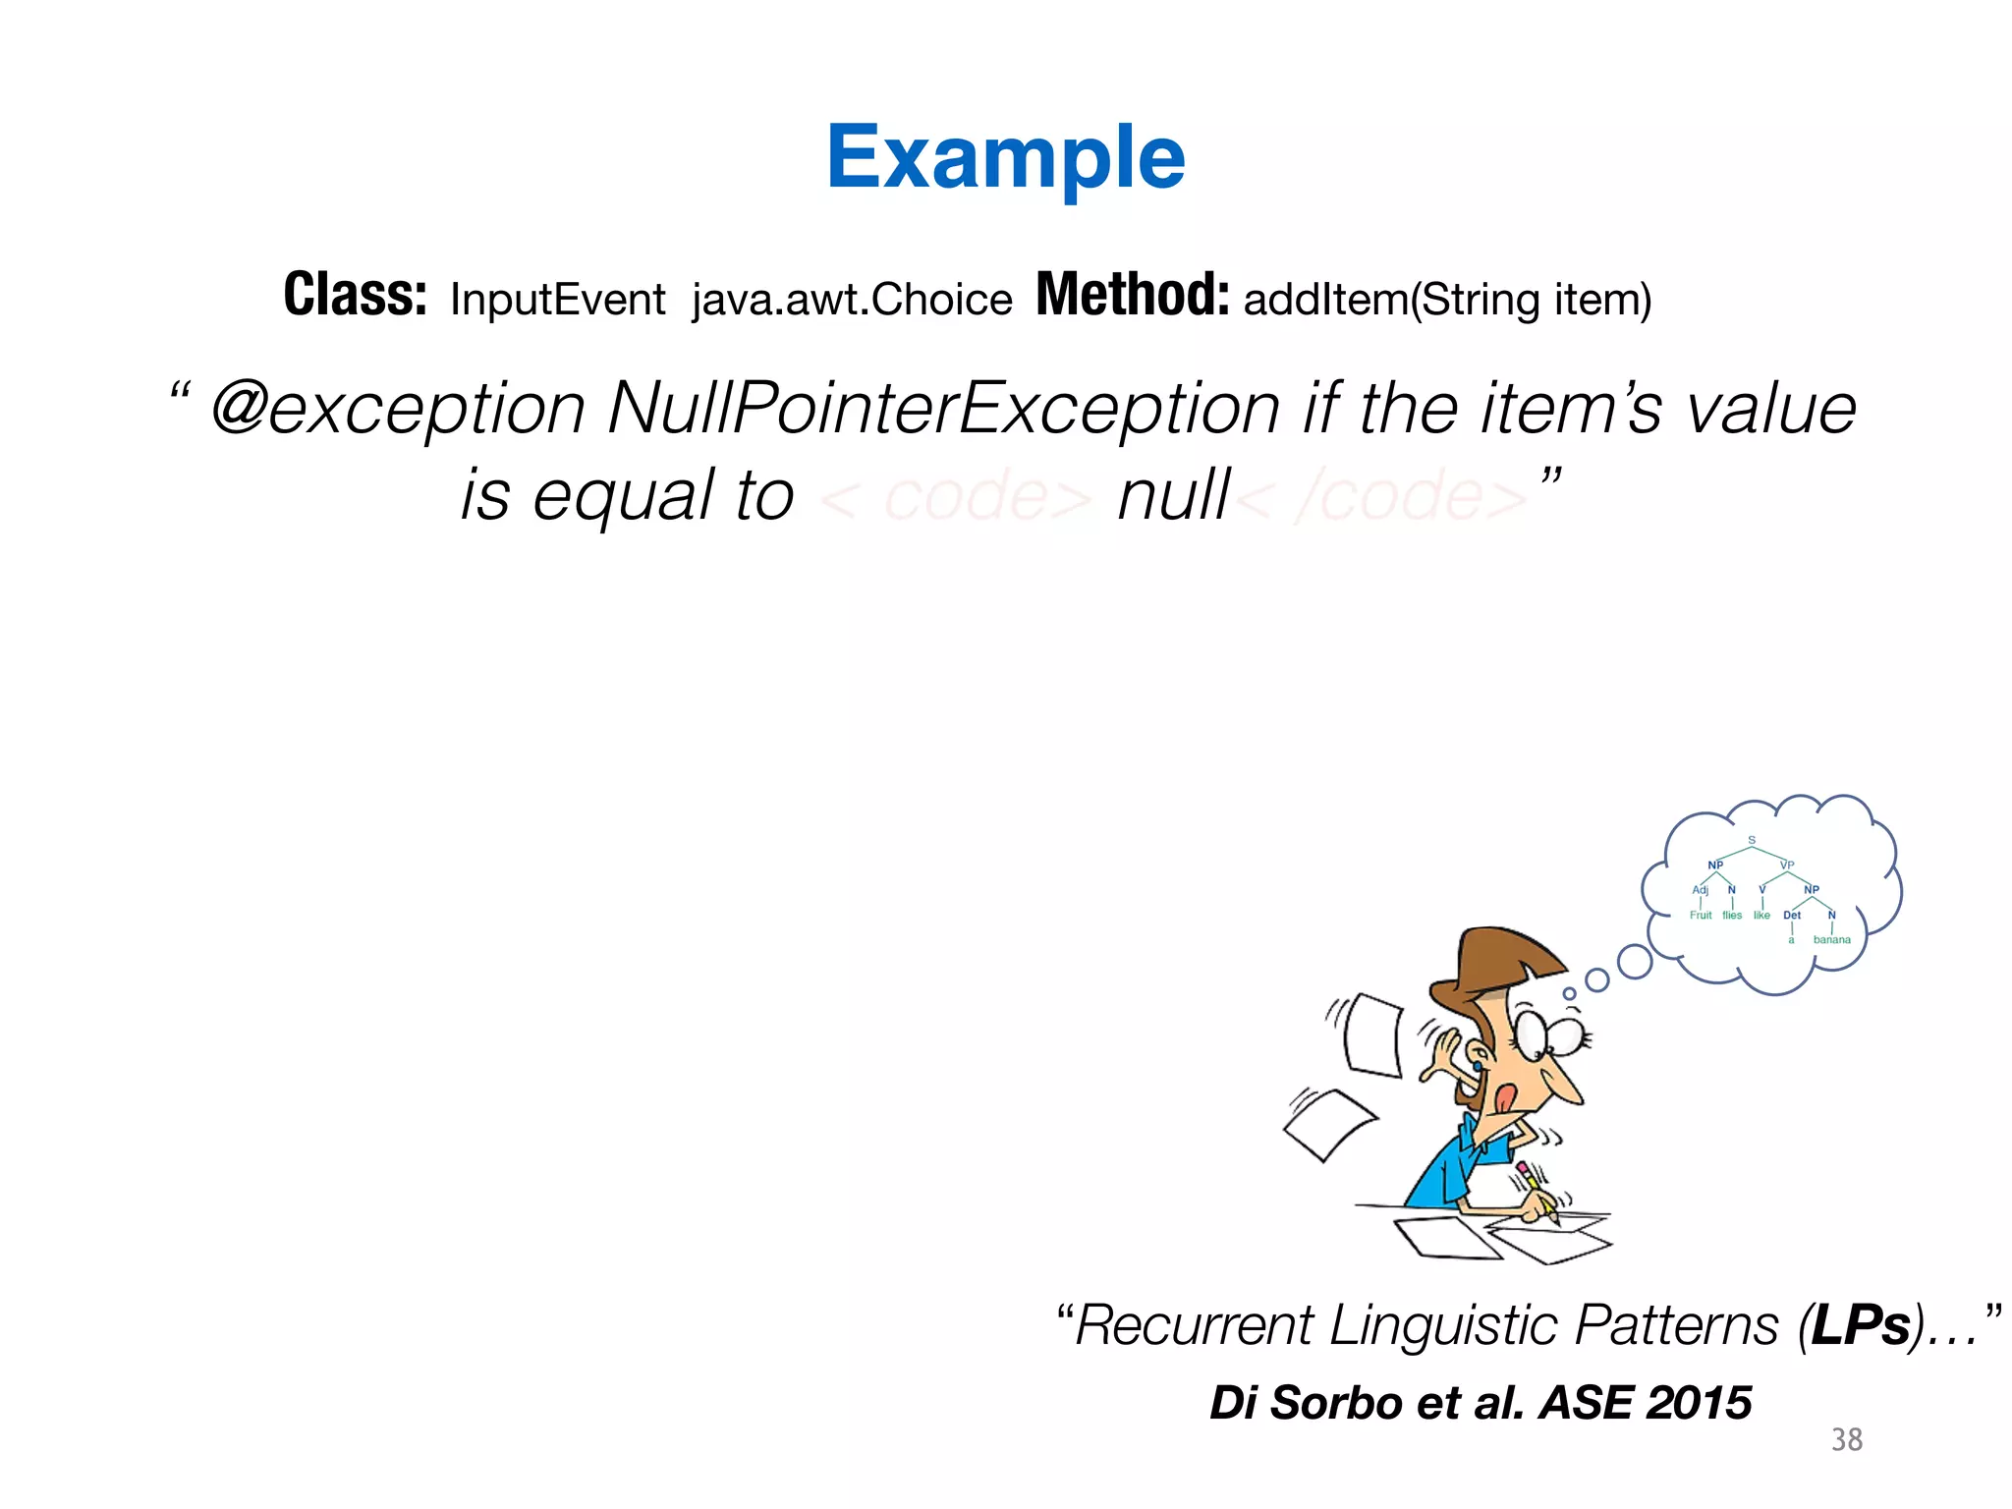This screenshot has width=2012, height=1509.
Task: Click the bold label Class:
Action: point(356,295)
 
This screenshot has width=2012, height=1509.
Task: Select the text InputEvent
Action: point(557,300)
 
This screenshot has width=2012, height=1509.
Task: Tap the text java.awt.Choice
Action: point(852,300)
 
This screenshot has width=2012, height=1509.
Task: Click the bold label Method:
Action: point(1132,295)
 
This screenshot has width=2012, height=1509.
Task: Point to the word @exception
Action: point(398,409)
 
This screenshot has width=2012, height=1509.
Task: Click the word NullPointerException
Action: point(943,409)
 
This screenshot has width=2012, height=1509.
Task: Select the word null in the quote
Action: point(1173,495)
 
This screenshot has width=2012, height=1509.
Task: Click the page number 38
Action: point(1846,1440)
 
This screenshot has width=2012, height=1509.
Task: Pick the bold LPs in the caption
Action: point(1861,1325)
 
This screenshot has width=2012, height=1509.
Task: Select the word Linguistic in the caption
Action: point(1444,1325)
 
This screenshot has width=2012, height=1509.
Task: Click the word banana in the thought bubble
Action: point(1831,940)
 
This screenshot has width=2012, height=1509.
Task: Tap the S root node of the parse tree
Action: point(1752,841)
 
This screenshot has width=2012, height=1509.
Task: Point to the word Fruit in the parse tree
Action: point(1701,916)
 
